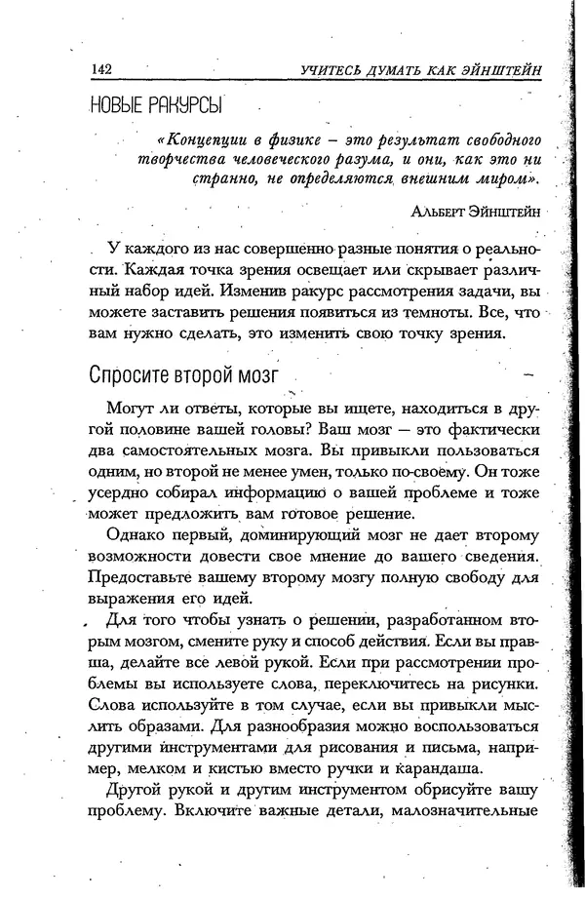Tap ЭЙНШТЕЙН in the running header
pos(497,69)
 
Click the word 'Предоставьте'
pos(140,582)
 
